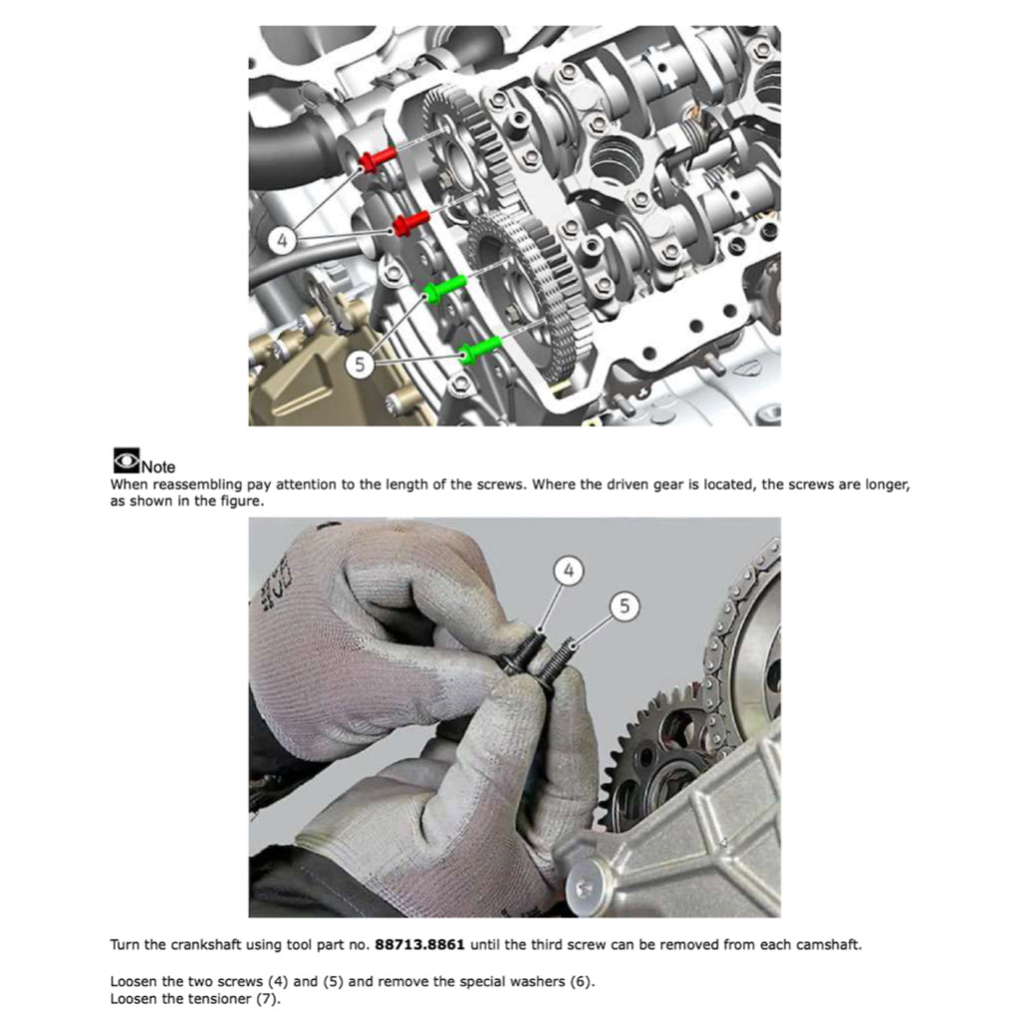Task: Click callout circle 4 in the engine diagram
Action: (284, 239)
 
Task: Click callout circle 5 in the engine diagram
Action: (361, 366)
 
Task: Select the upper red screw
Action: (378, 159)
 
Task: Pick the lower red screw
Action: (409, 224)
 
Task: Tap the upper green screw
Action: (445, 289)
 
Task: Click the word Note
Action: (158, 466)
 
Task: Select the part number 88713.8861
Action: (419, 944)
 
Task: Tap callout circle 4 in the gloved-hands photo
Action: (568, 571)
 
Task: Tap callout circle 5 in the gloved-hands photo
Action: (624, 605)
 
